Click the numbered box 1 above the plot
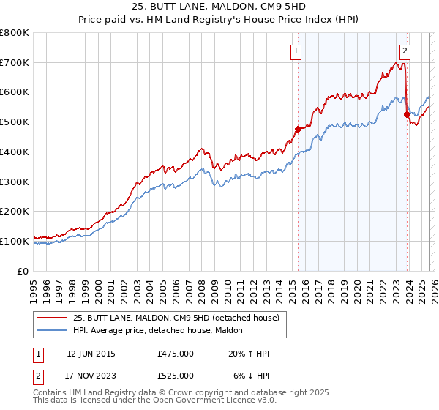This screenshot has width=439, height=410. click(296, 51)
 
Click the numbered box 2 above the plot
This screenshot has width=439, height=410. click(405, 51)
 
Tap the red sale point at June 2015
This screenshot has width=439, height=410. click(298, 129)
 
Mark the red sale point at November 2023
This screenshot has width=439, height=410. click(407, 114)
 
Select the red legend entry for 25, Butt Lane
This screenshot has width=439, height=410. click(176, 318)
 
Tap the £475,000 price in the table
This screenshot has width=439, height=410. click(175, 354)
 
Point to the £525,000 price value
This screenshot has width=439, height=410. click(175, 375)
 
